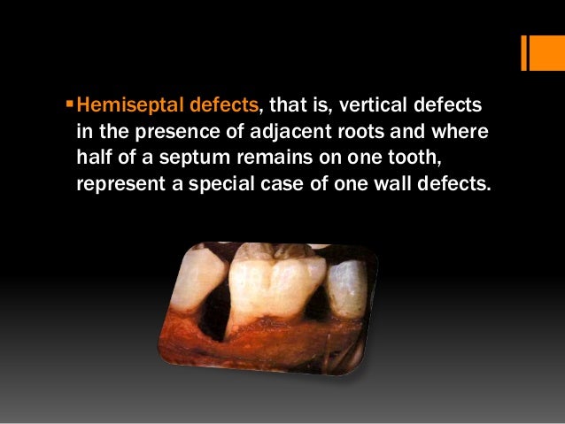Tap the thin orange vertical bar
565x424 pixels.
(524, 53)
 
